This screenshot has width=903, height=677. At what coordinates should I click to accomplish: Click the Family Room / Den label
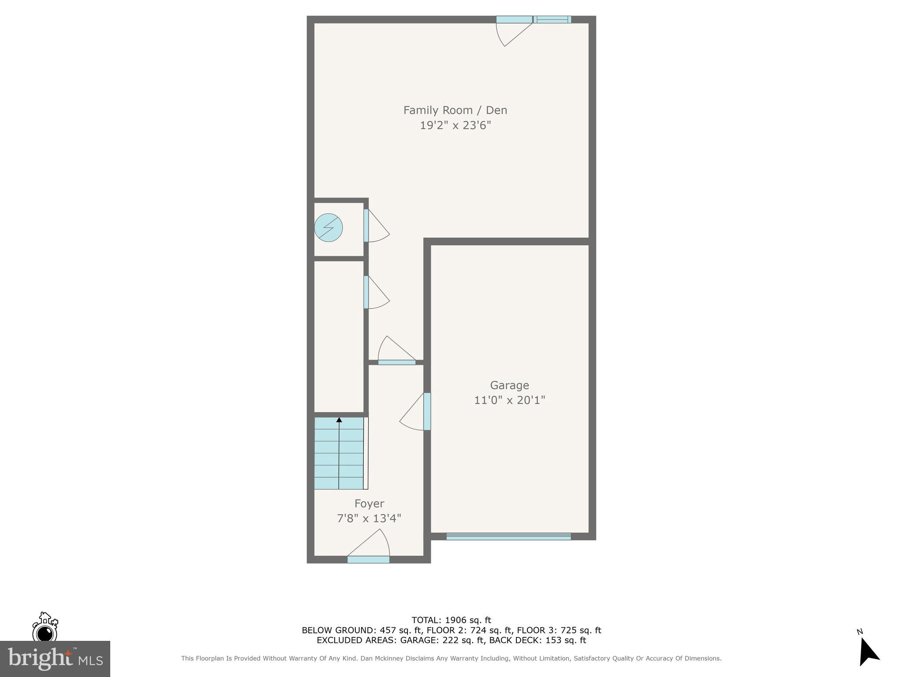click(x=455, y=110)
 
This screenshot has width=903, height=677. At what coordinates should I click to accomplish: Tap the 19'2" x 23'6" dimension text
click(x=455, y=126)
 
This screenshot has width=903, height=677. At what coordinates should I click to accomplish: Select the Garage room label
click(x=509, y=385)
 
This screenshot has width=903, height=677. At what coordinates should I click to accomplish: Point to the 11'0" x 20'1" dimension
click(x=509, y=400)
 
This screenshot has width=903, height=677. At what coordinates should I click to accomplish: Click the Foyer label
click(x=369, y=503)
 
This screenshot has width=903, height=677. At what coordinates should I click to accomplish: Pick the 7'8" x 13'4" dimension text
click(x=369, y=518)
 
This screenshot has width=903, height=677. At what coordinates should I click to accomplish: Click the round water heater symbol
click(x=328, y=227)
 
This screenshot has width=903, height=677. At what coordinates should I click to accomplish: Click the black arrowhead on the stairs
click(x=339, y=420)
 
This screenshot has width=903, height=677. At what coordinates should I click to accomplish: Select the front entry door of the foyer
click(x=369, y=559)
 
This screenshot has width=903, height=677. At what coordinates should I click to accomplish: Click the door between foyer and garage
click(x=426, y=411)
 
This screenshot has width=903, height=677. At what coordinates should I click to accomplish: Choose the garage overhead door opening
click(x=508, y=536)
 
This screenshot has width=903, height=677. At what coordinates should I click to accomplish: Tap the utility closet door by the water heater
click(x=366, y=225)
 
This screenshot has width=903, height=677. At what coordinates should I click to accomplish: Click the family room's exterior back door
click(x=514, y=20)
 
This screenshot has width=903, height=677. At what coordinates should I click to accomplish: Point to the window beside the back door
click(x=552, y=19)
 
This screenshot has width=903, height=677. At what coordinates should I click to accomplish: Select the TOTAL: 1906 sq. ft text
click(x=451, y=620)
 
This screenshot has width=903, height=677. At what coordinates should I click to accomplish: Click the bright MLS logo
click(x=55, y=659)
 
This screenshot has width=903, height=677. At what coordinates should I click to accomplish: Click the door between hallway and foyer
click(x=397, y=362)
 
